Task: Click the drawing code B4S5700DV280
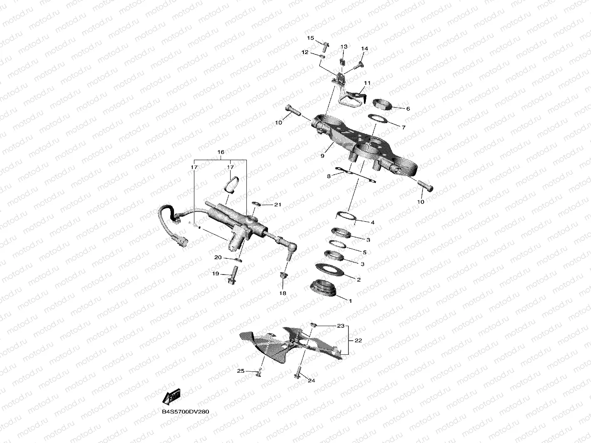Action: tap(186, 412)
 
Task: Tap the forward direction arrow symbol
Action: tap(171, 397)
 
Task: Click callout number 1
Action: tap(350, 300)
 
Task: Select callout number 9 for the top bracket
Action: tap(322, 156)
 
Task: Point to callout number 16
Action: tap(221, 152)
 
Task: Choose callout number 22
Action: tap(358, 340)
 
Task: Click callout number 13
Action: tap(344, 47)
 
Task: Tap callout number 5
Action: tap(365, 252)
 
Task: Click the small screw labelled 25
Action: tap(259, 373)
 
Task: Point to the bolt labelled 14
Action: tap(358, 65)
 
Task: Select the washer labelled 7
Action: tap(380, 120)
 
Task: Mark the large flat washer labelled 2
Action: tap(332, 269)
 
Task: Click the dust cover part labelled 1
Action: tap(324, 288)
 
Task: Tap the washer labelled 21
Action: tap(256, 204)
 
